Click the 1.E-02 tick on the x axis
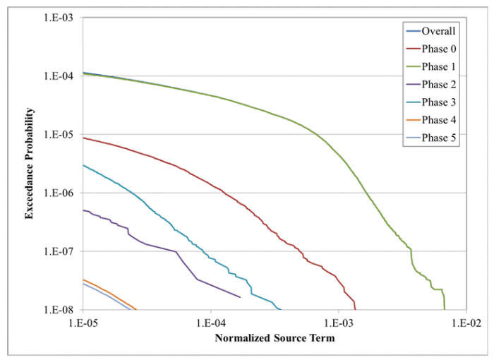click(x=465, y=321)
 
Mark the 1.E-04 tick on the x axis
click(x=210, y=321)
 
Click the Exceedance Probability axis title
click(x=30, y=162)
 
